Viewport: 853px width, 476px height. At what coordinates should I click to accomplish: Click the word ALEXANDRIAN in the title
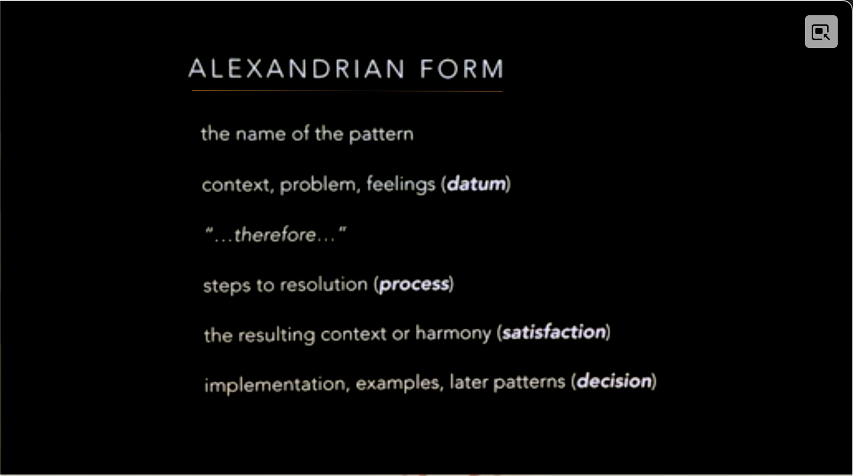(x=296, y=69)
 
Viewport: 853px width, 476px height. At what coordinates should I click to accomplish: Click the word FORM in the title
(x=462, y=69)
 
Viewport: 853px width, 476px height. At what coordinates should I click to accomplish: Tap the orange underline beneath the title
(x=347, y=91)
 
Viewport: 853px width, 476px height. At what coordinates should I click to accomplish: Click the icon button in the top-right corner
(x=821, y=32)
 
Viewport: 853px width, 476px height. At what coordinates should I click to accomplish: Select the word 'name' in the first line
(x=261, y=135)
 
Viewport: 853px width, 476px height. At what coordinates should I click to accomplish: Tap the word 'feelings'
(x=400, y=185)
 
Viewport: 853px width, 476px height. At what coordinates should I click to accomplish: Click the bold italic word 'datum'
(x=476, y=184)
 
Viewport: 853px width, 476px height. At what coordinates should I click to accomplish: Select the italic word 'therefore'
(x=275, y=235)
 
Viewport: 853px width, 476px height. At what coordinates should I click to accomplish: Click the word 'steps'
(x=227, y=286)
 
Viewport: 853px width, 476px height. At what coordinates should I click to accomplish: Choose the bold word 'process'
(x=414, y=285)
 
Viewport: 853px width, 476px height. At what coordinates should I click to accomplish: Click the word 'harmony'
(x=453, y=334)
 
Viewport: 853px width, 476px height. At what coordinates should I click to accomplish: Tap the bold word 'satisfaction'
(x=554, y=332)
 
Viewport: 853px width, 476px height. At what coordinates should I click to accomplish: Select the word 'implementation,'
(x=277, y=385)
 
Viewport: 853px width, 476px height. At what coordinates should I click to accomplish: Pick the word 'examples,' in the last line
(x=400, y=383)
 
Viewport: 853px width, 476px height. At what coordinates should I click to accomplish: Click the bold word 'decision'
(x=614, y=381)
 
